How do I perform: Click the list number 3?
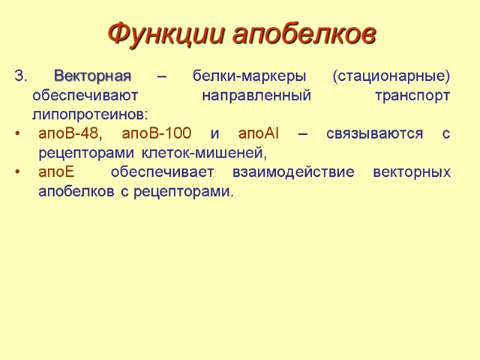tap(20, 77)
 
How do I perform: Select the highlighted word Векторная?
tap(92, 77)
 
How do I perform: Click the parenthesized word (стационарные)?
tap(391, 77)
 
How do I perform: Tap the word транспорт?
tap(412, 96)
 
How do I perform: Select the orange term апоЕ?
tap(56, 173)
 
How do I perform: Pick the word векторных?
tap(412, 173)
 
